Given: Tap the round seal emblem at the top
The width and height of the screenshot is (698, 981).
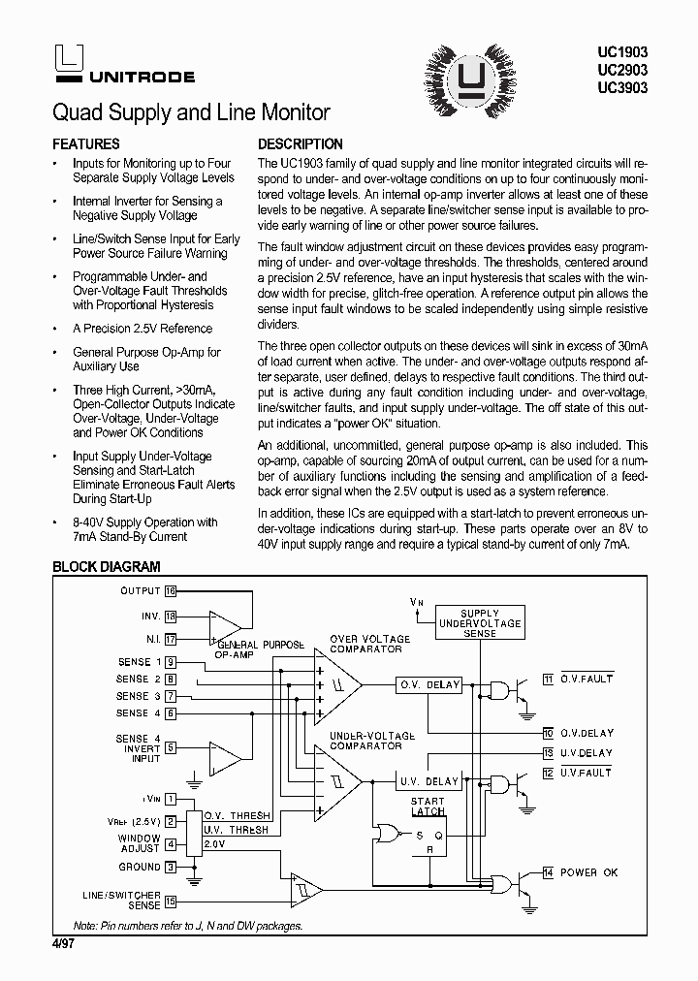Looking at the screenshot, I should (x=471, y=72).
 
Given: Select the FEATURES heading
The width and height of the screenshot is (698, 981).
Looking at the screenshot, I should (x=86, y=143).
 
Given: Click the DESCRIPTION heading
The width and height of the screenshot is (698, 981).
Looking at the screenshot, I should (x=301, y=143).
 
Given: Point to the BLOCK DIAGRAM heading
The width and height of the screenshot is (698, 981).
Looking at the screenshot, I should (x=107, y=567).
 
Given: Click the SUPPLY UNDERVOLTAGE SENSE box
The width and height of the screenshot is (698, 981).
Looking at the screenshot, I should (x=479, y=623).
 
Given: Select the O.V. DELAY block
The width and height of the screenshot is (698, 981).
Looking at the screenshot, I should (x=429, y=685).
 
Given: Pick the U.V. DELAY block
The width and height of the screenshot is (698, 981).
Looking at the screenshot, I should (x=429, y=781).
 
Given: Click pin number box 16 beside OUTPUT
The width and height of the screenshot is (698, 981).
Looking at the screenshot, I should (x=171, y=590).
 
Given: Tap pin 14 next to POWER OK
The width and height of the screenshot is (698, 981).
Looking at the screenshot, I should (x=549, y=872).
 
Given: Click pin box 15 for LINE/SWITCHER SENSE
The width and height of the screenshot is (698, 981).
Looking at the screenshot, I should (x=171, y=900).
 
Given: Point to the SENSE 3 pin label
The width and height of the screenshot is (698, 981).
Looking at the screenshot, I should (x=133, y=696).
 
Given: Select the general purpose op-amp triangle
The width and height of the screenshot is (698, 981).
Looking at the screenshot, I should (x=225, y=627).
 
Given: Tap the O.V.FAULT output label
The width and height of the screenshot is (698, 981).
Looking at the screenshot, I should (x=587, y=680).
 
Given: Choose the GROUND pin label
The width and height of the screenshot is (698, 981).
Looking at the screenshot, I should (x=140, y=867).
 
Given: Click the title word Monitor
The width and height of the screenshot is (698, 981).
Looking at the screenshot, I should (x=290, y=112).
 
